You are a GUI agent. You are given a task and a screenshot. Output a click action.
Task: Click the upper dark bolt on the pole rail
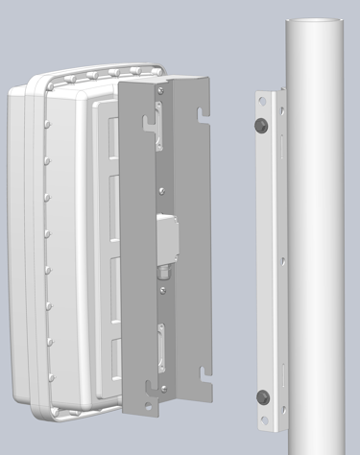(261, 127)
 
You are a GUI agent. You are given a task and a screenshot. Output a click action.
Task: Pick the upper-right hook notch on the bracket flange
(202, 113)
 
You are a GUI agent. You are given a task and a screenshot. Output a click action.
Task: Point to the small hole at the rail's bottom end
(266, 419)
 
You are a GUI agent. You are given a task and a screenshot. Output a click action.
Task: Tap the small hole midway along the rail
(285, 257)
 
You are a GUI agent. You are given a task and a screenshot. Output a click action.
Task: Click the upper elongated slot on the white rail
(282, 149)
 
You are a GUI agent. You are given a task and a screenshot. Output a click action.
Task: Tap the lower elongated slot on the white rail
(285, 374)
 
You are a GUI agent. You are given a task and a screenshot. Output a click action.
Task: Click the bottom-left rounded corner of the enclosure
(29, 403)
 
